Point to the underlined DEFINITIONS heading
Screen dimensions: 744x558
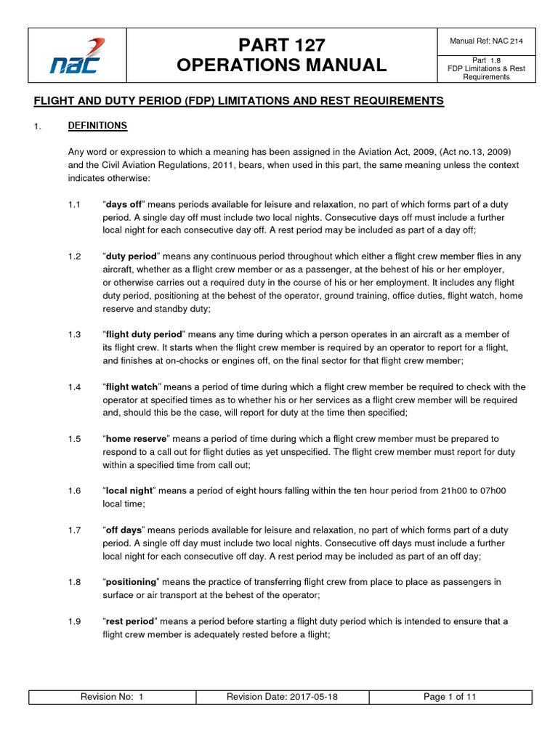[97, 126]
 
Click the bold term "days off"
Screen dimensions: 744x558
[124, 204]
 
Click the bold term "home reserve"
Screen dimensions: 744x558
[137, 439]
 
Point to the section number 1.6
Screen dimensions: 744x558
[74, 491]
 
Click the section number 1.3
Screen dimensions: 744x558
[74, 334]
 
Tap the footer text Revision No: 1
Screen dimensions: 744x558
[113, 697]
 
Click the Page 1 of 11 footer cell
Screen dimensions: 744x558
[450, 697]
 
